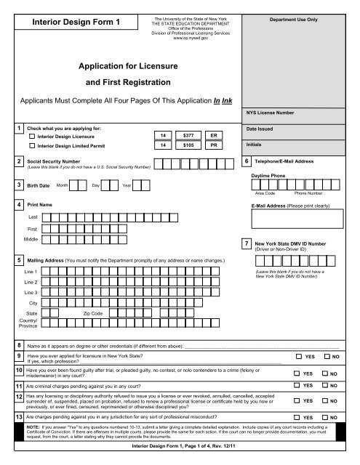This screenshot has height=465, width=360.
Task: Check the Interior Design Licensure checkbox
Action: (32, 136)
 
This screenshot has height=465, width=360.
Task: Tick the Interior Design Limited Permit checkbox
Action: (32, 146)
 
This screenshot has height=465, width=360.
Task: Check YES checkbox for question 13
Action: (299, 418)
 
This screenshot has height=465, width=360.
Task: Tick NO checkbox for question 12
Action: (326, 401)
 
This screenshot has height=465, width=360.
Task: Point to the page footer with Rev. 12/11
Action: (179, 454)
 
